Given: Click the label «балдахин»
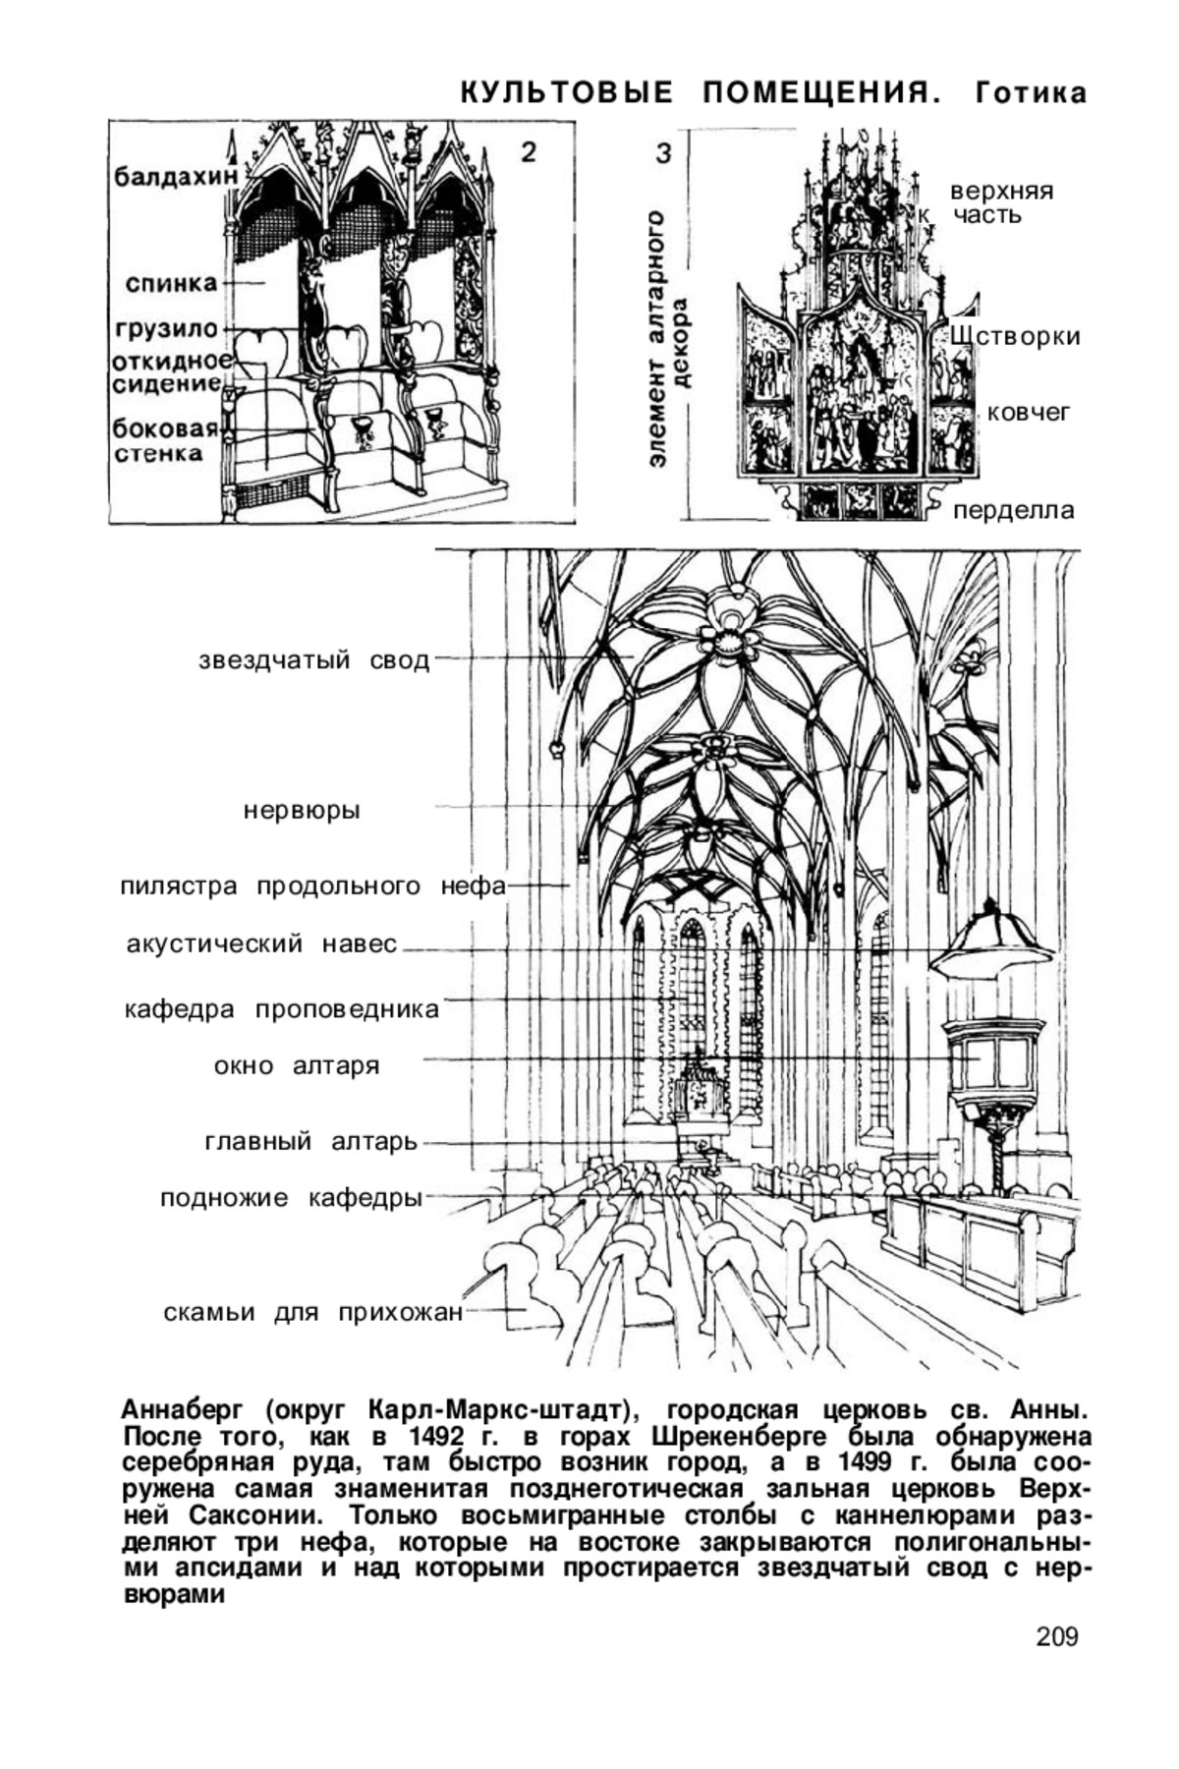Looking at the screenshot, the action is [x=177, y=177].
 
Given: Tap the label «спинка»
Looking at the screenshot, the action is [x=172, y=283].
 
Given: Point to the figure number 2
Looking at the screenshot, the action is [x=529, y=152].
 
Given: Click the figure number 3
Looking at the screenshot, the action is [x=663, y=153].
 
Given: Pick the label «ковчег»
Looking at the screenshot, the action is [x=1029, y=413].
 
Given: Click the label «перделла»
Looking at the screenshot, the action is [x=1014, y=511].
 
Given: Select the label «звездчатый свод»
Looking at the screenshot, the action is [x=314, y=660].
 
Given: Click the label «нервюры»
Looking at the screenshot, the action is [x=302, y=811].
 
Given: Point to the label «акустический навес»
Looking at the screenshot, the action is [x=262, y=944].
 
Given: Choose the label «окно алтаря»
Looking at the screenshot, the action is [x=297, y=1066].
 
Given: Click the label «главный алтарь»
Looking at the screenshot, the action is [x=311, y=1142].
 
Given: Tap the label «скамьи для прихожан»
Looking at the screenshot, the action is [x=312, y=1313].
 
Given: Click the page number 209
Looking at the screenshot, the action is [x=1057, y=1636].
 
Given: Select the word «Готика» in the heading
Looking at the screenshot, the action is [x=1032, y=93].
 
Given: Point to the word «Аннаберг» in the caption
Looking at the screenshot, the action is [x=186, y=1410].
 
